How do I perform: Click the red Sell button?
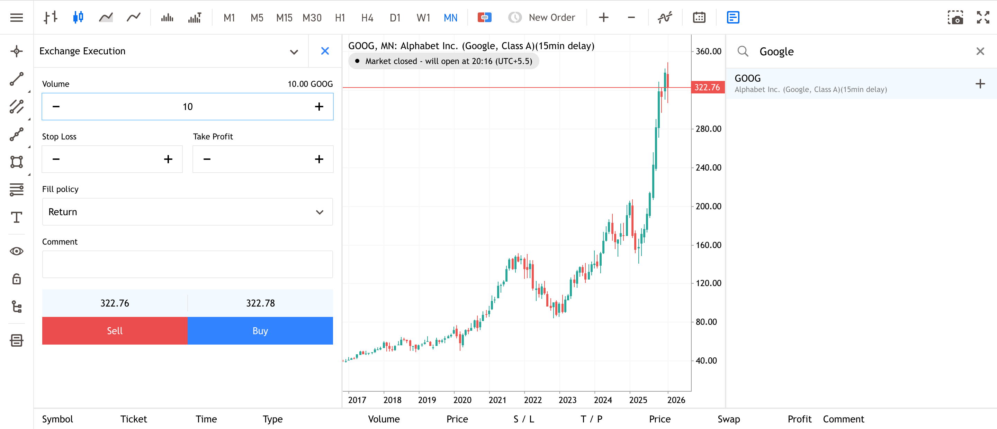115,331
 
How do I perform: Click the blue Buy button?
260,331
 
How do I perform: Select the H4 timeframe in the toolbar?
367,18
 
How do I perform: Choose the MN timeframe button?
450,18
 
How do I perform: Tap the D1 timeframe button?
395,18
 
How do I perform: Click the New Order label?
551,18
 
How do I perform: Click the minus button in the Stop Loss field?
56,159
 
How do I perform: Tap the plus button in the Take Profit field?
319,159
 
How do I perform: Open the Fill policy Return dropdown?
187,212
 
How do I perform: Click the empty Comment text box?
187,264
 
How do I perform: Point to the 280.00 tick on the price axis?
708,129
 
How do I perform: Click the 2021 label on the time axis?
497,400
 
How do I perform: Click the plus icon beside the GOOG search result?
980,84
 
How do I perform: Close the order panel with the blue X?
325,51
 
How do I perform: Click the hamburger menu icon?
17,18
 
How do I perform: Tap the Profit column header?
799,419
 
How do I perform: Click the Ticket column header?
134,419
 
